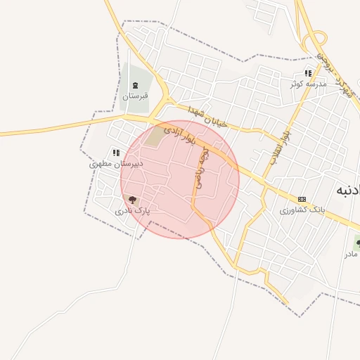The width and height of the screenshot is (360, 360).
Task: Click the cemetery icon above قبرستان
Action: pyautogui.click(x=135, y=86)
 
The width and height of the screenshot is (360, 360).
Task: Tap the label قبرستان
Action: pyautogui.click(x=135, y=96)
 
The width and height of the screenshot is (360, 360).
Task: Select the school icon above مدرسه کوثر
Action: pyautogui.click(x=308, y=73)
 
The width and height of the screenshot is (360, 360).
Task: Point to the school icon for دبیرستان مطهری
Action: pyautogui.click(x=116, y=153)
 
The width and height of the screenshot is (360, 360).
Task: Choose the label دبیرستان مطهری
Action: pyautogui.click(x=116, y=163)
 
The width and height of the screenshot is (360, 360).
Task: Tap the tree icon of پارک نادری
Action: pyautogui.click(x=133, y=200)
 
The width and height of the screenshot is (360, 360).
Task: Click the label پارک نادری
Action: pyautogui.click(x=133, y=210)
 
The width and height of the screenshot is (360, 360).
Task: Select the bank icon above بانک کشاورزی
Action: pyautogui.click(x=302, y=199)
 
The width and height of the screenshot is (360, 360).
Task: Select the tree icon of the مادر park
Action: pyautogui.click(x=358, y=243)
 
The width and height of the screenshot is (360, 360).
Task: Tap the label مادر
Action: pyautogui.click(x=351, y=254)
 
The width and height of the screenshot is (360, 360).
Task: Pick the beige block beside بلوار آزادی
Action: pyautogui.click(x=153, y=137)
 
